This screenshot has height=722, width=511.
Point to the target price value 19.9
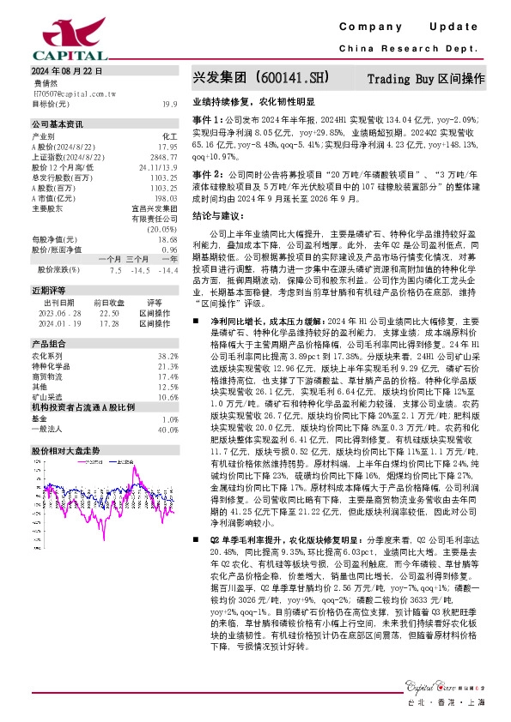(171, 104)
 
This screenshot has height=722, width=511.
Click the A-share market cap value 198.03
(166, 198)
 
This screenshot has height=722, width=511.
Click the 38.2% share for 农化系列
(167, 355)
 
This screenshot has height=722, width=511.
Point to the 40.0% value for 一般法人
(167, 429)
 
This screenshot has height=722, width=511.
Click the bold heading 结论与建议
(217, 216)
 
